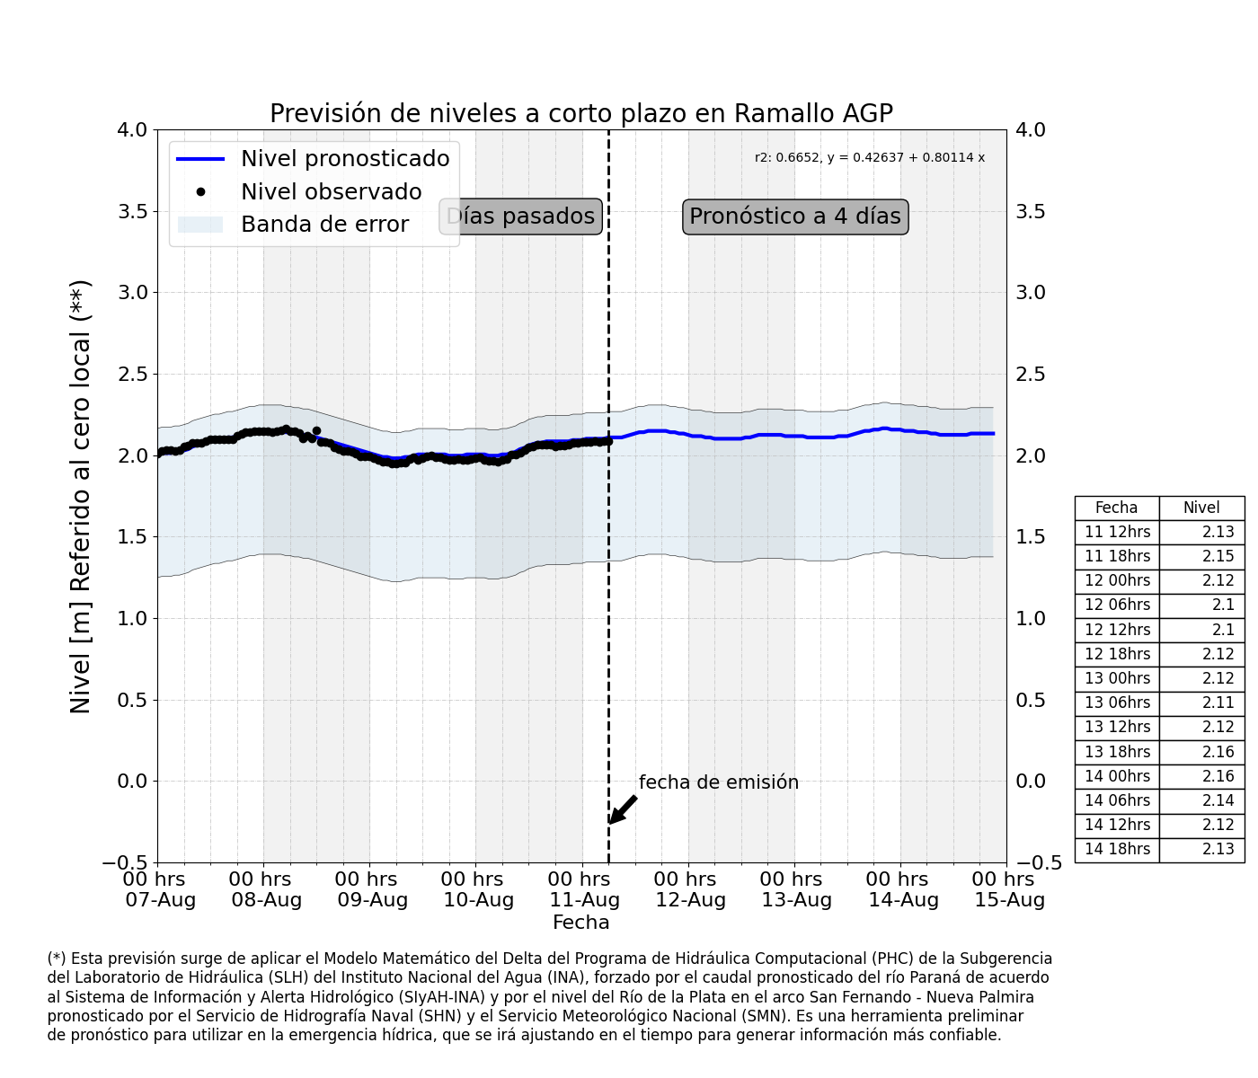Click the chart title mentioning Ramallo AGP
point(581,113)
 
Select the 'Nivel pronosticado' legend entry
point(313,159)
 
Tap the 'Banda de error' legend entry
point(293,224)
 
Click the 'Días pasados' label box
point(520,216)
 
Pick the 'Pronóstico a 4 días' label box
point(795,216)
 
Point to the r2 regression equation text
point(869,157)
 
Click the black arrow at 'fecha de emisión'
point(622,809)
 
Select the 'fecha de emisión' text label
point(718,782)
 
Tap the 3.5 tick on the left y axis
point(132,212)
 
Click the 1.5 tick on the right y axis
point(1031,537)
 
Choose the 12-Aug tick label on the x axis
point(690,889)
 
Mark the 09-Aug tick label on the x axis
point(372,889)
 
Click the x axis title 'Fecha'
point(580,923)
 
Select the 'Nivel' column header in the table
point(1201,508)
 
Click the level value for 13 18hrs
point(1218,752)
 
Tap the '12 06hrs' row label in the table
point(1118,605)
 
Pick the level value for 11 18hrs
point(1218,556)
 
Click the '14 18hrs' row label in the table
point(1118,849)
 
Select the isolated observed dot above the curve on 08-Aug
point(316,430)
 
